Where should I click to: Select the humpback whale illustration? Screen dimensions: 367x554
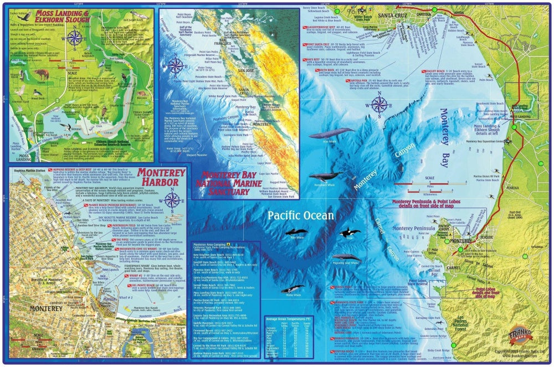(326, 175)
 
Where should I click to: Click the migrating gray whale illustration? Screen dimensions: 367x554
(346, 258)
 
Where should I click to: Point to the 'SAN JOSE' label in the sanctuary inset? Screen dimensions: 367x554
(246, 71)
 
